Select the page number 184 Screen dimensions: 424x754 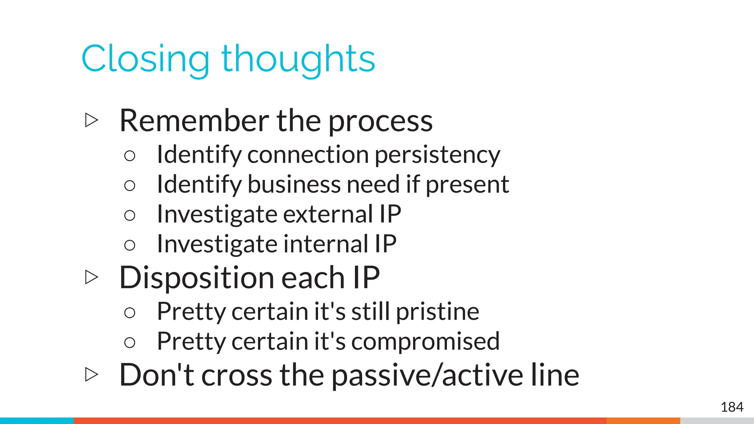(x=732, y=407)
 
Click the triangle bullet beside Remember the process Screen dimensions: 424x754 (x=91, y=120)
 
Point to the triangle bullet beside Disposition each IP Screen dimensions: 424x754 (x=91, y=277)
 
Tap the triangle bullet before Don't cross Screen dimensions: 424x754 (x=91, y=375)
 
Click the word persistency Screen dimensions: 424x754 (x=437, y=155)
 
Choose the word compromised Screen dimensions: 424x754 (x=425, y=341)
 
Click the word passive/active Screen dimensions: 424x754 (x=427, y=375)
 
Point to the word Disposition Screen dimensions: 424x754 (x=195, y=278)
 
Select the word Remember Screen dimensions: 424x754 (x=194, y=121)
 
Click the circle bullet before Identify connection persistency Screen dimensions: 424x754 (x=130, y=156)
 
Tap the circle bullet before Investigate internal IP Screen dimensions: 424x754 (x=130, y=245)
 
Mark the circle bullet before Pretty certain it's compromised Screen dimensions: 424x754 (x=130, y=343)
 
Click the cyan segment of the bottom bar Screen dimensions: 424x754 (x=37, y=421)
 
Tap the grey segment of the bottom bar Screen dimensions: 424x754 (x=716, y=421)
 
